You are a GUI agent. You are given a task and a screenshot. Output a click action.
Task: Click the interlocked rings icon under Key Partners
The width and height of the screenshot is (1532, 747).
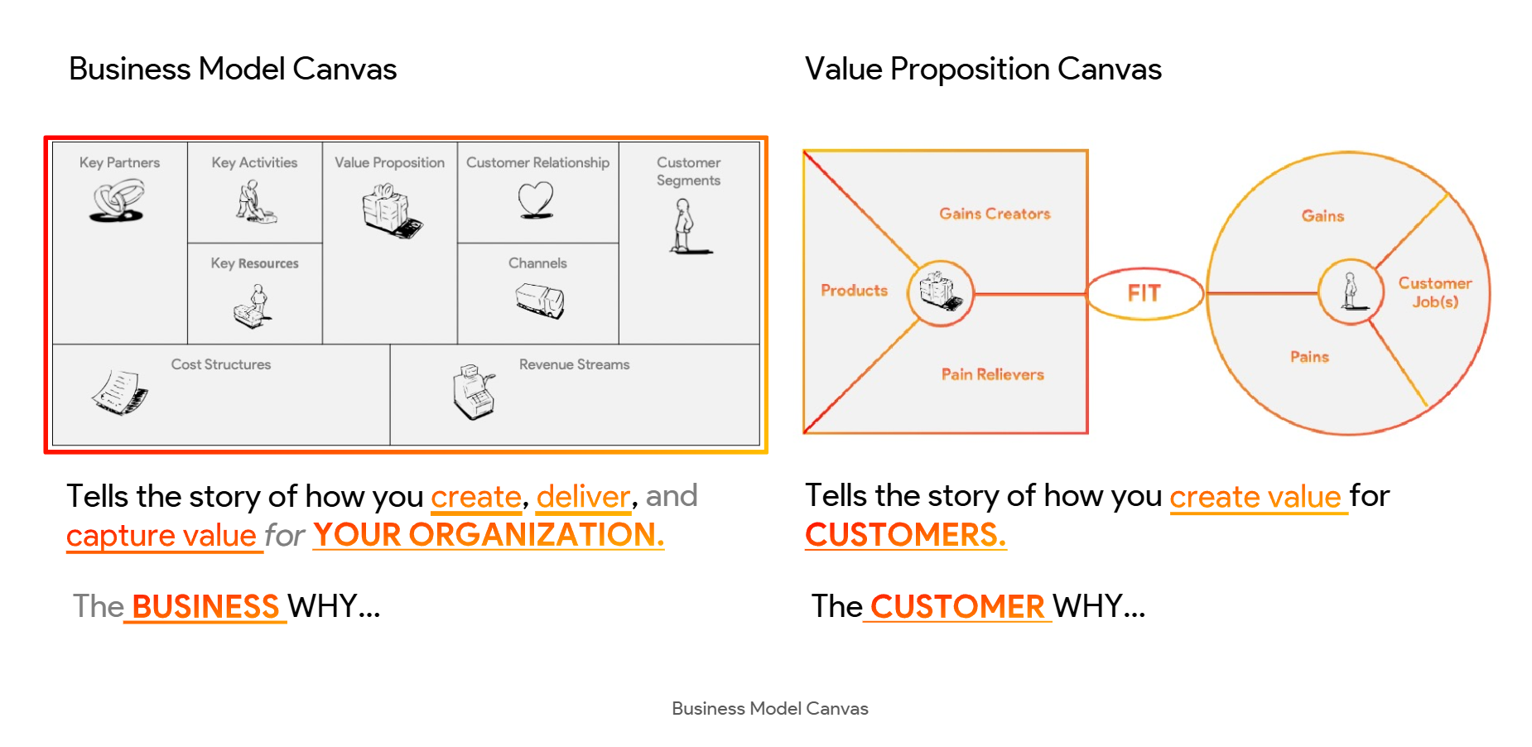coord(118,201)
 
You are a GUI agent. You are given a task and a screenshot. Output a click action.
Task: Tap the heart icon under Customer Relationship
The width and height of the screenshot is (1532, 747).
coord(536,200)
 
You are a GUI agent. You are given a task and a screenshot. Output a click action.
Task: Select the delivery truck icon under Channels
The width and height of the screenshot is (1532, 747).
coord(540,300)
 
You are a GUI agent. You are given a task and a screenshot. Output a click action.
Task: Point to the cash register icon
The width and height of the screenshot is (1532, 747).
coord(475,391)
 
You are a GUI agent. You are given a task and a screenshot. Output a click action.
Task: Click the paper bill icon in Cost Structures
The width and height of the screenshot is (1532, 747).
coord(120,392)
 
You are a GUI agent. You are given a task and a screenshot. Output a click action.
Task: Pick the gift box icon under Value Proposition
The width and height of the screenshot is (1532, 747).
coord(391,210)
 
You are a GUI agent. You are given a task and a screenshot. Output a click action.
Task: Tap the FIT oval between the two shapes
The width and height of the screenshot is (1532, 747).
coord(1144,293)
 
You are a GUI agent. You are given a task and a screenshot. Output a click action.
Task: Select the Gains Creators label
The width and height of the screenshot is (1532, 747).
coord(995,214)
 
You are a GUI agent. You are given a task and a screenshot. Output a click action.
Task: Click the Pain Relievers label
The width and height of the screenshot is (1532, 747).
coord(993,374)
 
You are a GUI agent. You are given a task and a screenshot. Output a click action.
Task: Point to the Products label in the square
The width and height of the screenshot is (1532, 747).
coord(854,291)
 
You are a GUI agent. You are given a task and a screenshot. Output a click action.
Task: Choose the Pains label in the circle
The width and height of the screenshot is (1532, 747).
coord(1309,357)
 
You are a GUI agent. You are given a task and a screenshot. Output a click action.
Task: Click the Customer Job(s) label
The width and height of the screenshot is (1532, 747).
coord(1435,292)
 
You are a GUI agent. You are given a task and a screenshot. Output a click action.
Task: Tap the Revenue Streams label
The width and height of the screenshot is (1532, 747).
coord(574,364)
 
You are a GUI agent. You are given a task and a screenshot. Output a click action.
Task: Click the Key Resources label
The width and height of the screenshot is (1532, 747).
coord(254,263)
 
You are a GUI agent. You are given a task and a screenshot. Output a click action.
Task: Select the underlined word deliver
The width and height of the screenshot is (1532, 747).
coord(584,497)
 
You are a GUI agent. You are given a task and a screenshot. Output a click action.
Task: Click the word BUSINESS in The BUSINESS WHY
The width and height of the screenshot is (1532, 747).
coord(205,607)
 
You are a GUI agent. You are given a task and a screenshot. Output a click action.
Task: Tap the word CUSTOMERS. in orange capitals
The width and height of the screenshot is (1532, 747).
coord(906,535)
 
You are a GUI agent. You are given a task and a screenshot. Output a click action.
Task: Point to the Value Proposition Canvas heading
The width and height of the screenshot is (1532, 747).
coord(983,70)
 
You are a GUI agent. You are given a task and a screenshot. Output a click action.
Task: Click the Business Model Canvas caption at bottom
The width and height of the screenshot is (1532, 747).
coord(770,709)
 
